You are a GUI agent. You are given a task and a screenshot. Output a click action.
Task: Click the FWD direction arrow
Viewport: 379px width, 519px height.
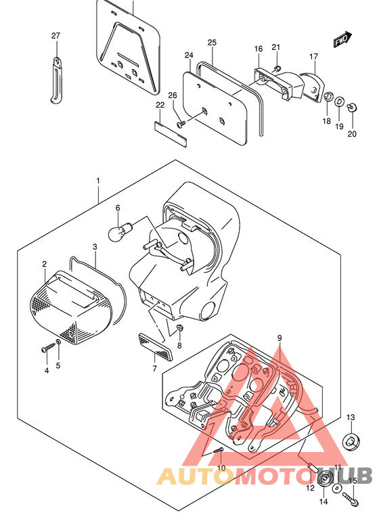(x=342, y=39)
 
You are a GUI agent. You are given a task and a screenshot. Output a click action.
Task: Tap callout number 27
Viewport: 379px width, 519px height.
(x=55, y=35)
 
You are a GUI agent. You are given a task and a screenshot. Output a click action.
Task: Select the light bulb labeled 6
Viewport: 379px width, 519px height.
(x=120, y=231)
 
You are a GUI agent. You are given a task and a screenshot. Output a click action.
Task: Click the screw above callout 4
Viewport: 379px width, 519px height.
(x=48, y=348)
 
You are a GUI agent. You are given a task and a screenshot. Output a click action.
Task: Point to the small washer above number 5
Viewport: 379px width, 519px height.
(x=59, y=342)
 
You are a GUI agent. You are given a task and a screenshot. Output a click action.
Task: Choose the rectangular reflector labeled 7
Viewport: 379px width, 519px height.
(x=155, y=347)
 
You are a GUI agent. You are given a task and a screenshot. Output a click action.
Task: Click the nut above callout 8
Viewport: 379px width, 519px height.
(x=180, y=328)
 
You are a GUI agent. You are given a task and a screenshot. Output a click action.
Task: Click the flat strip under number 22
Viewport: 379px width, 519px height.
(x=171, y=134)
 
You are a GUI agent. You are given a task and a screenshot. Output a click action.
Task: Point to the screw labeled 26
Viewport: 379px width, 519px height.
(x=181, y=125)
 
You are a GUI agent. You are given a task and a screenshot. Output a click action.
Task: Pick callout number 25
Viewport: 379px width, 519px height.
(x=212, y=43)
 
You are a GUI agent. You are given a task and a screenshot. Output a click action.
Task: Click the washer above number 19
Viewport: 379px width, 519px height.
(x=339, y=101)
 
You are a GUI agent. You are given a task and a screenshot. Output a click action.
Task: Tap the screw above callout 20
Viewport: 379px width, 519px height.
(x=352, y=107)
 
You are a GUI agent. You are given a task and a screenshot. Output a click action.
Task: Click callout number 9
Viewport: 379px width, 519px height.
(x=280, y=338)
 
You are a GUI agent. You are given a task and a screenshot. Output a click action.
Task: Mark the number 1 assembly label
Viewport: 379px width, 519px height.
(x=98, y=181)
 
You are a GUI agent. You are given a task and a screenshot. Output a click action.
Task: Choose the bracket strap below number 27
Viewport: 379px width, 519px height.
(x=56, y=80)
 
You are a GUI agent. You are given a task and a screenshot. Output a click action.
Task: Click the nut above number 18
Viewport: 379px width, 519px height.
(x=328, y=97)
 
